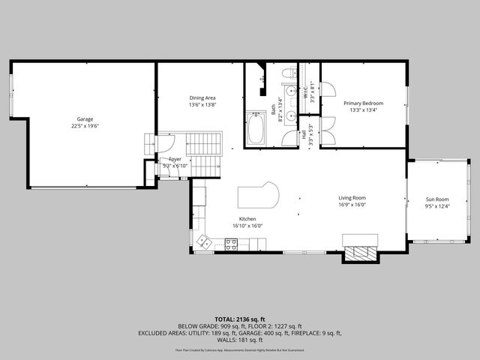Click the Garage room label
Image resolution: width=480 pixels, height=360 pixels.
85,118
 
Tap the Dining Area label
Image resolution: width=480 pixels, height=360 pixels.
202,98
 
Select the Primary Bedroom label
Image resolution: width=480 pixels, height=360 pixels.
364,103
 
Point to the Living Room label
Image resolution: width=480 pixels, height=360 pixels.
352,198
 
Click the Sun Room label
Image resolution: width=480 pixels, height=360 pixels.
436,199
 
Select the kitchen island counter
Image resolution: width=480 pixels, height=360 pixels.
258,196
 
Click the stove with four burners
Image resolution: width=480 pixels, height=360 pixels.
232,243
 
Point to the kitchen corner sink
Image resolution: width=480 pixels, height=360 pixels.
203,241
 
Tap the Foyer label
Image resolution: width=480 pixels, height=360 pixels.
174,159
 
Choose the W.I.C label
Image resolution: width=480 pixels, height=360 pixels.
305,94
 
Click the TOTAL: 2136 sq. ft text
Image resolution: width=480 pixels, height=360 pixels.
240,319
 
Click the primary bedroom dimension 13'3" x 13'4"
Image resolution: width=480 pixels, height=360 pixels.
364,110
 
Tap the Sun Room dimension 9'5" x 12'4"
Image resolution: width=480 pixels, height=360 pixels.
436,206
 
